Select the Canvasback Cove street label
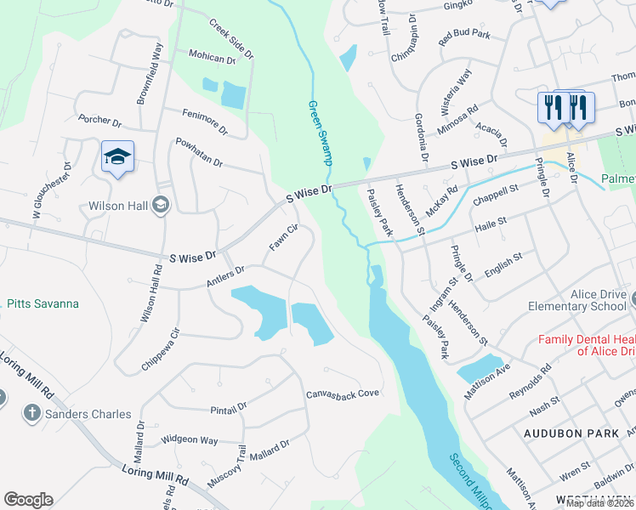pos(342,394)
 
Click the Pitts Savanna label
pos(43,303)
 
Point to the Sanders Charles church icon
pos(31,414)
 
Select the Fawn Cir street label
pos(284,237)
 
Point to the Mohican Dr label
pos(212,57)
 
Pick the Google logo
pos(28,500)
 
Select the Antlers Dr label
pos(224,275)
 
